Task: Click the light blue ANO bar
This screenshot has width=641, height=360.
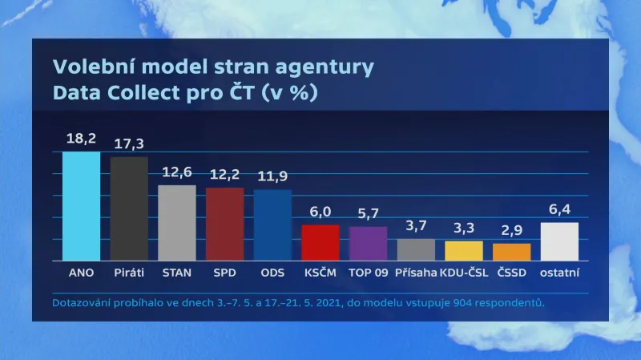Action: tap(81, 206)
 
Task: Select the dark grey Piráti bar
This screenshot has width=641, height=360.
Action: tap(129, 208)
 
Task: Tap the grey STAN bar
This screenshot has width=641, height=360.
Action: tap(177, 223)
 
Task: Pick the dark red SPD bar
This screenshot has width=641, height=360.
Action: tap(224, 224)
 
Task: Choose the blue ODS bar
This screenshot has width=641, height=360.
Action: tap(272, 224)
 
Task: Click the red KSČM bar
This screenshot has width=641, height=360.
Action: tap(320, 242)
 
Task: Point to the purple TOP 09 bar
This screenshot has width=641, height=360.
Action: tap(368, 243)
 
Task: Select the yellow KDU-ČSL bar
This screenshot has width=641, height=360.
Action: tap(464, 250)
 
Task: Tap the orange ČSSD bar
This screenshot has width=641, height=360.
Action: tap(511, 252)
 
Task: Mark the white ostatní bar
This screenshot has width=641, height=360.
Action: tap(559, 241)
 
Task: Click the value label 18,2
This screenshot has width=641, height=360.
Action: tap(81, 139)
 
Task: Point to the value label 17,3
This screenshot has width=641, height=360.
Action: tap(129, 144)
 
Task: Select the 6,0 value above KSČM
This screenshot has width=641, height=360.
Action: tap(320, 212)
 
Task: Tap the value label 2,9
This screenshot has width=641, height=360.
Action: tap(511, 230)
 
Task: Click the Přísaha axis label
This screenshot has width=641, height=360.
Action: tap(416, 273)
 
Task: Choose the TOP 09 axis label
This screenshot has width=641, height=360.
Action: tap(368, 273)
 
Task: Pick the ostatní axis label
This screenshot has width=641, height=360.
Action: tap(559, 273)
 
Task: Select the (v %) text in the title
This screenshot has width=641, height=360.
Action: tap(291, 93)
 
